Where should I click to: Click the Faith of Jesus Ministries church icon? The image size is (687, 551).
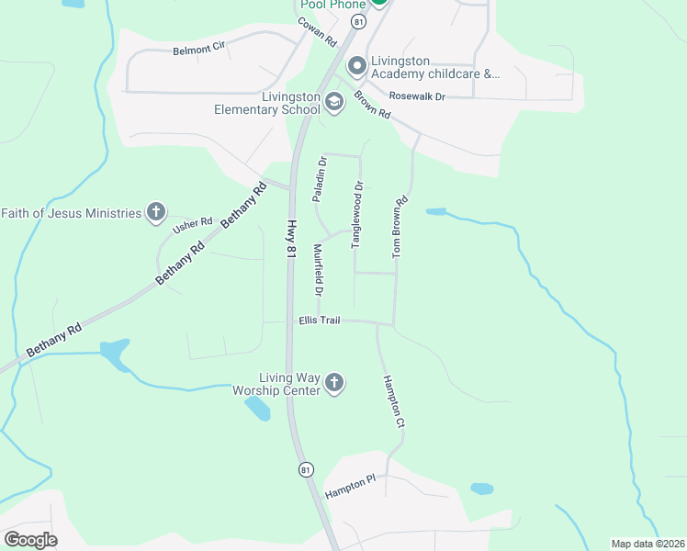[156, 213]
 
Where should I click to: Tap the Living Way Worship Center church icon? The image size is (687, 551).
[334, 383]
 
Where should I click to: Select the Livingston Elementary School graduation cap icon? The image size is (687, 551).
[333, 102]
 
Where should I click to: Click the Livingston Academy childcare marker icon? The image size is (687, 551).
[356, 66]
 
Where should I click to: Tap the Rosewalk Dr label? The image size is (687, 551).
[416, 96]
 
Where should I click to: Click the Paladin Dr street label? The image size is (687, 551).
[320, 179]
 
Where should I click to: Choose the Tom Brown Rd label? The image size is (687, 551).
[399, 226]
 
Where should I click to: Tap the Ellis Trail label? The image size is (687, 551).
[320, 320]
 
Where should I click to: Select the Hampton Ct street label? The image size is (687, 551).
[394, 402]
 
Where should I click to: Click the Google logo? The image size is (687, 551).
[30, 539]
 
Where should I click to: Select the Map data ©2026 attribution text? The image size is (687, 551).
[648, 544]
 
